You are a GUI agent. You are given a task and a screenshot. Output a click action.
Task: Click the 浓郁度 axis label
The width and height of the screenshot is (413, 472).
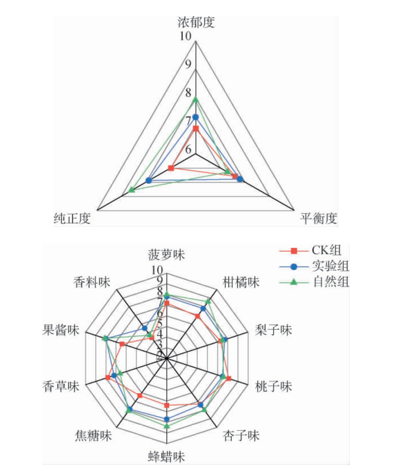(x=196, y=22)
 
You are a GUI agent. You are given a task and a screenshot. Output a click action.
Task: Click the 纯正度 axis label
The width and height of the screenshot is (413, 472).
(x=72, y=218)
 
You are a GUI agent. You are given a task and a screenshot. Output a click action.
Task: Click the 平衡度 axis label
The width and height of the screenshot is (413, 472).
(x=318, y=218)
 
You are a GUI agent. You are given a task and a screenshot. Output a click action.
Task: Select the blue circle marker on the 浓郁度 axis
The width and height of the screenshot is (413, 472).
(x=196, y=117)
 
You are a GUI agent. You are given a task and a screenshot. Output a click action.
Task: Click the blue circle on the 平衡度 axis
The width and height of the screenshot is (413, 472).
(x=240, y=179)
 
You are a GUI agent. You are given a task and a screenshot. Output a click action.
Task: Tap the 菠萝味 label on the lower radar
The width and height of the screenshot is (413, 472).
(x=166, y=255)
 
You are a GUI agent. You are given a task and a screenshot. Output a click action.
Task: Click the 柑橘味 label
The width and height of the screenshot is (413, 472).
(x=241, y=282)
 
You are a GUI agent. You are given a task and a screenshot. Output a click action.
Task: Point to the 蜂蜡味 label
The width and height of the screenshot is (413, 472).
(x=166, y=457)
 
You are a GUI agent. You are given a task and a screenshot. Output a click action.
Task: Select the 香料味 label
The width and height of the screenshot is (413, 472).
(x=92, y=282)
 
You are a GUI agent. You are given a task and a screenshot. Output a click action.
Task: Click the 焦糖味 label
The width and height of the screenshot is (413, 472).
(x=93, y=435)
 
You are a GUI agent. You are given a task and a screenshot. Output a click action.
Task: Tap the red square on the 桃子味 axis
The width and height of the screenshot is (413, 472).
(x=228, y=378)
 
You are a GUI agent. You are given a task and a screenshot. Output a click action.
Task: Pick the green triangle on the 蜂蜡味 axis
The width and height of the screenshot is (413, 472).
(x=167, y=426)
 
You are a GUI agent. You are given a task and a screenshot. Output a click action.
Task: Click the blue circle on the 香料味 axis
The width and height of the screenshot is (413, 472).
(x=145, y=328)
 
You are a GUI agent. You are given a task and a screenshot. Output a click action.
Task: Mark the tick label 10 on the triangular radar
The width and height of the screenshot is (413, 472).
(x=186, y=36)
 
